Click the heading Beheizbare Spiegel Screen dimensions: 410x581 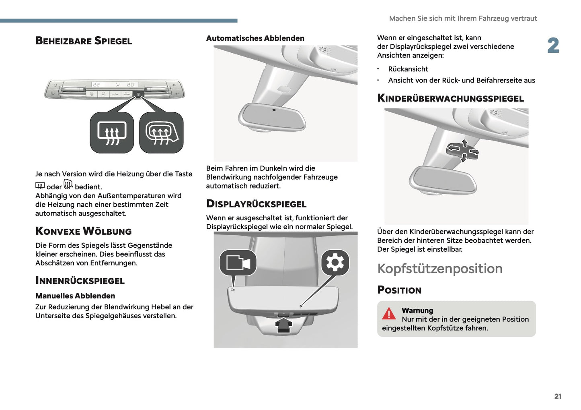click(84, 41)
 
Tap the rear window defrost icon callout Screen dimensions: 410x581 click(112, 133)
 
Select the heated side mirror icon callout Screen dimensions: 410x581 click(161, 133)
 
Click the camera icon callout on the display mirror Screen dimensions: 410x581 click(238, 263)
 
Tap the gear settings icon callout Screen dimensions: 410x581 click(335, 263)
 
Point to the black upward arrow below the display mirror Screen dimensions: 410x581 click(283, 325)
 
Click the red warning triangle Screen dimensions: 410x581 click(389, 313)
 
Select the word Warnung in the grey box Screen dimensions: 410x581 click(417, 311)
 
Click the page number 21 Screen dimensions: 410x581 click(558, 396)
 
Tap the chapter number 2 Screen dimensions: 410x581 click(553, 46)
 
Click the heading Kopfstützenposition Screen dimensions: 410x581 click(440, 269)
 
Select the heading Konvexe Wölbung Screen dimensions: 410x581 click(84, 231)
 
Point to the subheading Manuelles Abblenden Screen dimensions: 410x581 click(75, 296)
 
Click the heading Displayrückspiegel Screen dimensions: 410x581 click(256, 204)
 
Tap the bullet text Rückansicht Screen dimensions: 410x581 click(408, 69)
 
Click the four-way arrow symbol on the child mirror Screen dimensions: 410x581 click(463, 151)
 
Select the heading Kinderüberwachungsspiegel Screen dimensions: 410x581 click(450, 98)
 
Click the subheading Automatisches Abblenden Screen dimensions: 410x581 click(255, 38)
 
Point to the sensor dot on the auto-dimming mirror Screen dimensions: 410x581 click(274, 110)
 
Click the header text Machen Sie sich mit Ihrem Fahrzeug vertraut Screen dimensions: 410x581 click(463, 19)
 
